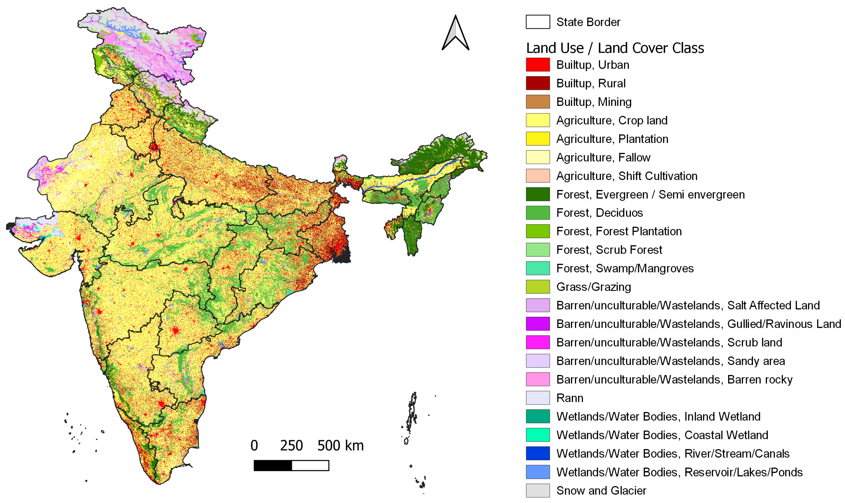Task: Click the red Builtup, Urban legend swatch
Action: tap(538, 65)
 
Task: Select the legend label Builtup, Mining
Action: tap(594, 102)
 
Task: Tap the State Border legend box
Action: tap(538, 22)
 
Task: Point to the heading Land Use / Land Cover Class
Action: tap(615, 48)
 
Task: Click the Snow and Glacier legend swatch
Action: tap(538, 490)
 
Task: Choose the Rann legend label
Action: tap(570, 398)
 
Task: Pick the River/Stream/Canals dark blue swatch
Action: tap(538, 454)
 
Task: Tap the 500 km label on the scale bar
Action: tap(340, 445)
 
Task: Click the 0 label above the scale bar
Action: tap(254, 445)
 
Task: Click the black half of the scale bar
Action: tap(273, 465)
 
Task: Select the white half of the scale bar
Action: tap(310, 465)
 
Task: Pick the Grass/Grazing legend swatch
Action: tap(538, 287)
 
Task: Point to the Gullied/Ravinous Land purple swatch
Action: tap(538, 324)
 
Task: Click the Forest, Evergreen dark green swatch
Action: tap(538, 194)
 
